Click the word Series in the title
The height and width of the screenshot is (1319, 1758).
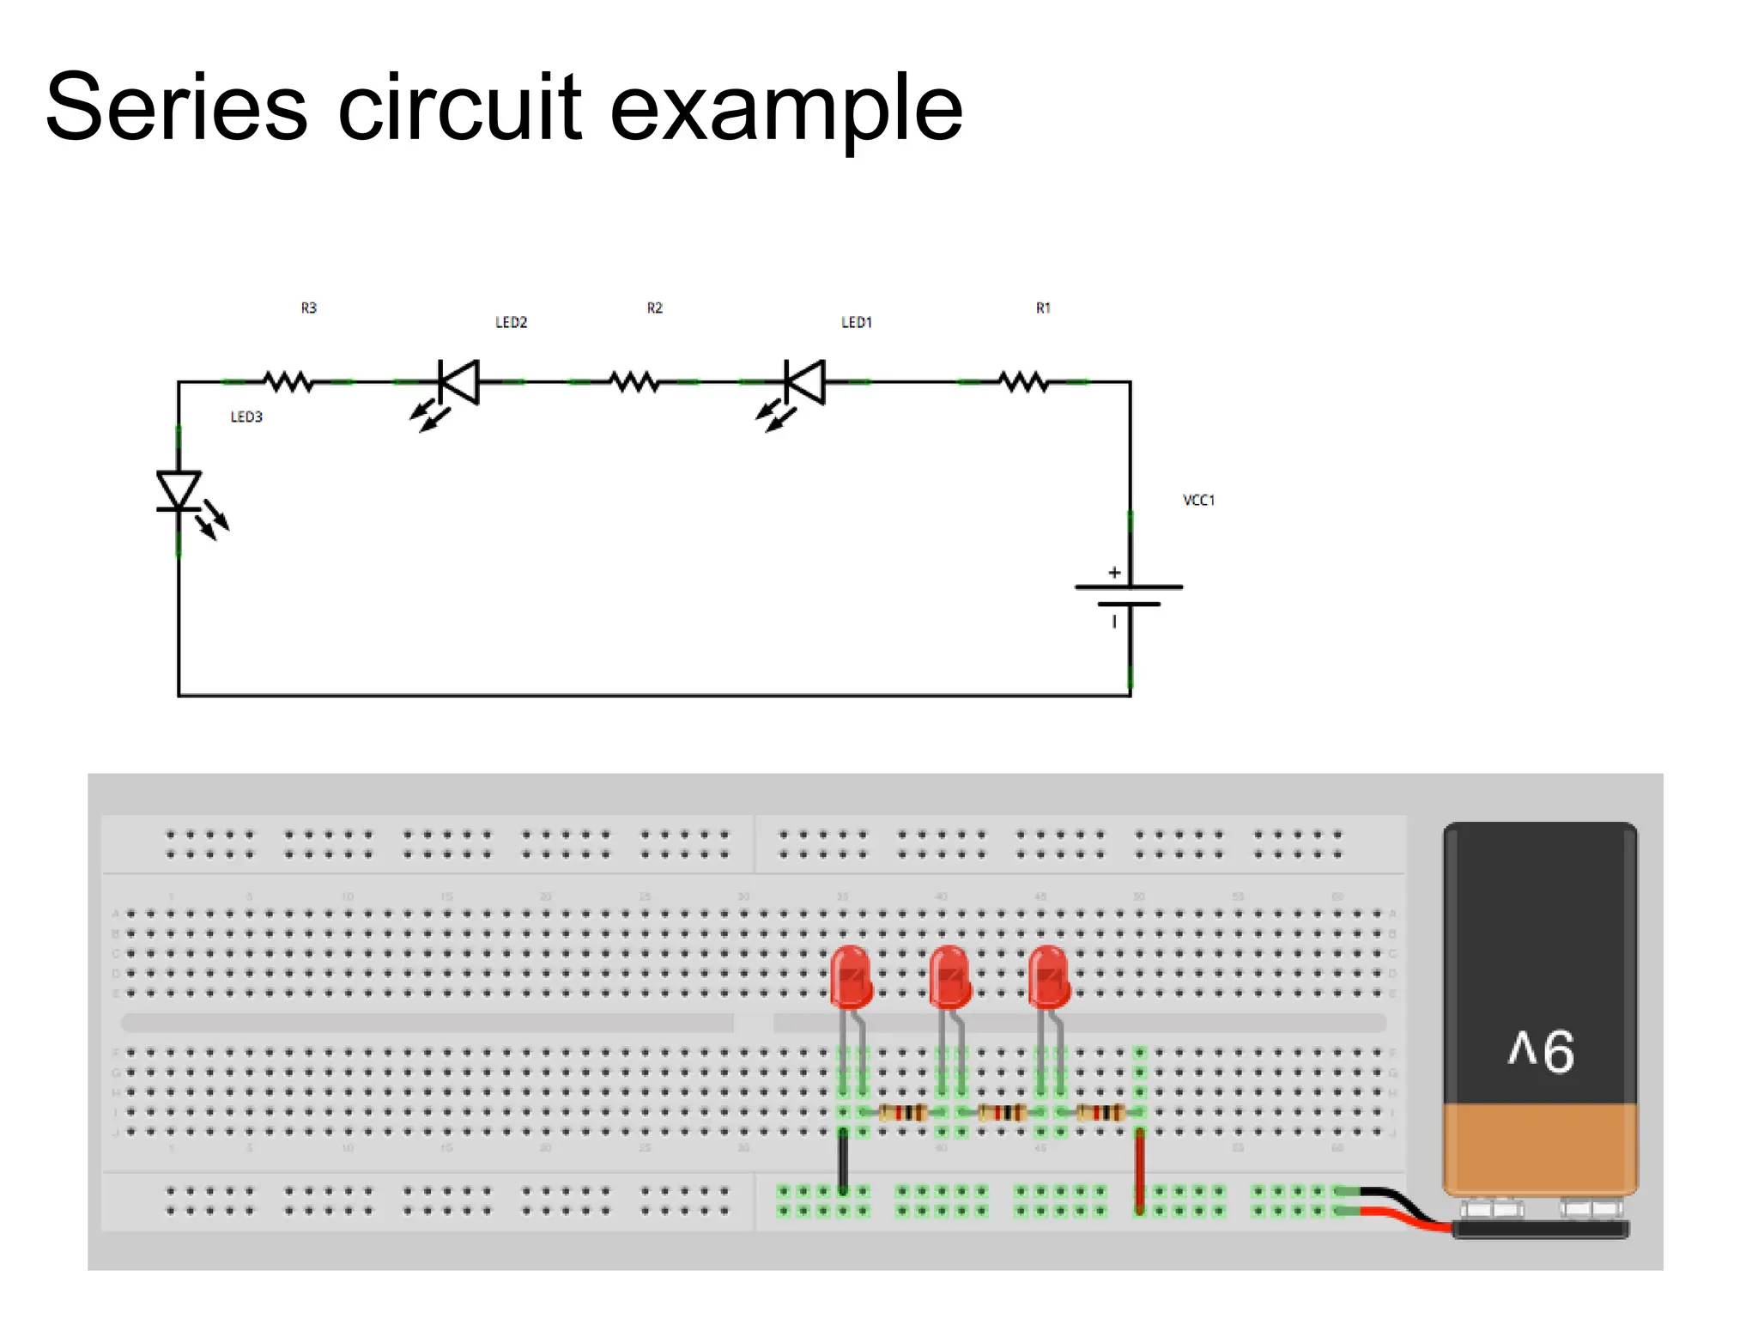tap(176, 109)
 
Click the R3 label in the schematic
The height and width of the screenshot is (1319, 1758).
tap(309, 307)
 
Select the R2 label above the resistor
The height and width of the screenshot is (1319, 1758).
tap(655, 307)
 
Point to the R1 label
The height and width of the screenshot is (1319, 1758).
tap(1043, 307)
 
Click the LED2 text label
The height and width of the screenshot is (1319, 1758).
tap(511, 322)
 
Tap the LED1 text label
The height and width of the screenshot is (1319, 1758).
tap(857, 322)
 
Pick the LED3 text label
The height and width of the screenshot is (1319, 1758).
tap(246, 416)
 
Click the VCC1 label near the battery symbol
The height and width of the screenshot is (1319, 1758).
tap(1198, 500)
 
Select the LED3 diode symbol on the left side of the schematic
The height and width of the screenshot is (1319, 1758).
tap(179, 492)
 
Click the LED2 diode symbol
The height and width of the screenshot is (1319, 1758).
tap(458, 382)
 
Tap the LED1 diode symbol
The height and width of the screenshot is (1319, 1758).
tap(804, 382)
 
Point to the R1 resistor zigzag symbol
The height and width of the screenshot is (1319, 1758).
tap(1023, 381)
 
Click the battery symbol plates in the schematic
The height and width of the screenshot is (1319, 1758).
tap(1129, 595)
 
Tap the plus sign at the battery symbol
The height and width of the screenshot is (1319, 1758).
tap(1114, 572)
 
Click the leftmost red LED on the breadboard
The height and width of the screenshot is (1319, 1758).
tap(851, 976)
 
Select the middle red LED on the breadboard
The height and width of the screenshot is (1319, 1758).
tap(949, 976)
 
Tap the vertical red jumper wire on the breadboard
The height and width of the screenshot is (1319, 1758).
tap(1139, 1168)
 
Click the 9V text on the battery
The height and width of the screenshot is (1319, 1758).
tap(1541, 1050)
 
